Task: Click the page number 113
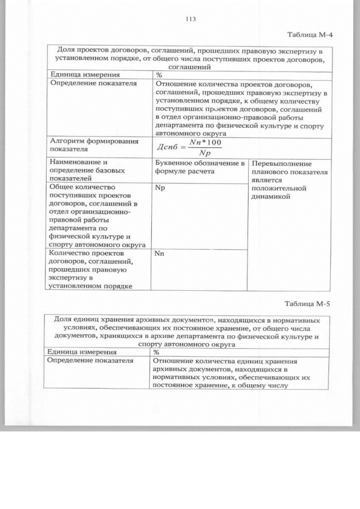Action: click(x=190, y=19)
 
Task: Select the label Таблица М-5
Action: click(x=307, y=304)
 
